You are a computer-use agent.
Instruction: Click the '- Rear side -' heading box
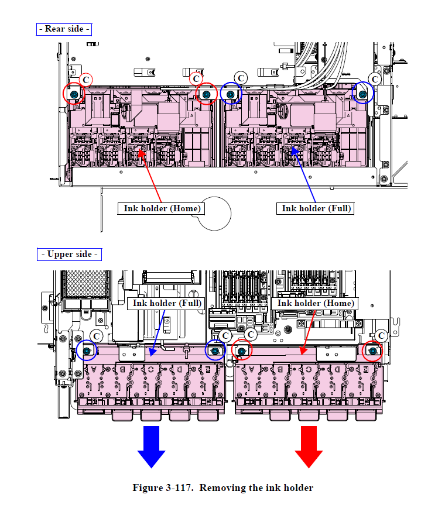(64, 29)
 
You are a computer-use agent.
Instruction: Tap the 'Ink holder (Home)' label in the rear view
(162, 208)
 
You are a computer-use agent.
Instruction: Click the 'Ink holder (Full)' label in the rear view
(317, 208)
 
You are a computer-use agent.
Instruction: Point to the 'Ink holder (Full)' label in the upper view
(167, 303)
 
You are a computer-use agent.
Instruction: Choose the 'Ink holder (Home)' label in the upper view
(316, 303)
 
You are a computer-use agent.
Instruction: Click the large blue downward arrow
(152, 446)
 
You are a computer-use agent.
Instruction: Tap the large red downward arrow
(309, 446)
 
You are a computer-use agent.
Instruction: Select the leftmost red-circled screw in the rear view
(74, 94)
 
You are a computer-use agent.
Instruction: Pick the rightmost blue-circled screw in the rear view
(363, 93)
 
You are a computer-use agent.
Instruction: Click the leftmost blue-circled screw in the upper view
(87, 351)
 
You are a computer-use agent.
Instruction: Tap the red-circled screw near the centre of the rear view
(206, 94)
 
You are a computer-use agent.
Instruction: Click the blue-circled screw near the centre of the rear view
(231, 94)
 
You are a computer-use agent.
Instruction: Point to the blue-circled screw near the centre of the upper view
(215, 351)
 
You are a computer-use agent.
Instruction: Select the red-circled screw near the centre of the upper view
(241, 351)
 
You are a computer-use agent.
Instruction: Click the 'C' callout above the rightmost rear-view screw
(375, 78)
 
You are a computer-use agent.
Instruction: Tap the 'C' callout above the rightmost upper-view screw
(382, 335)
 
